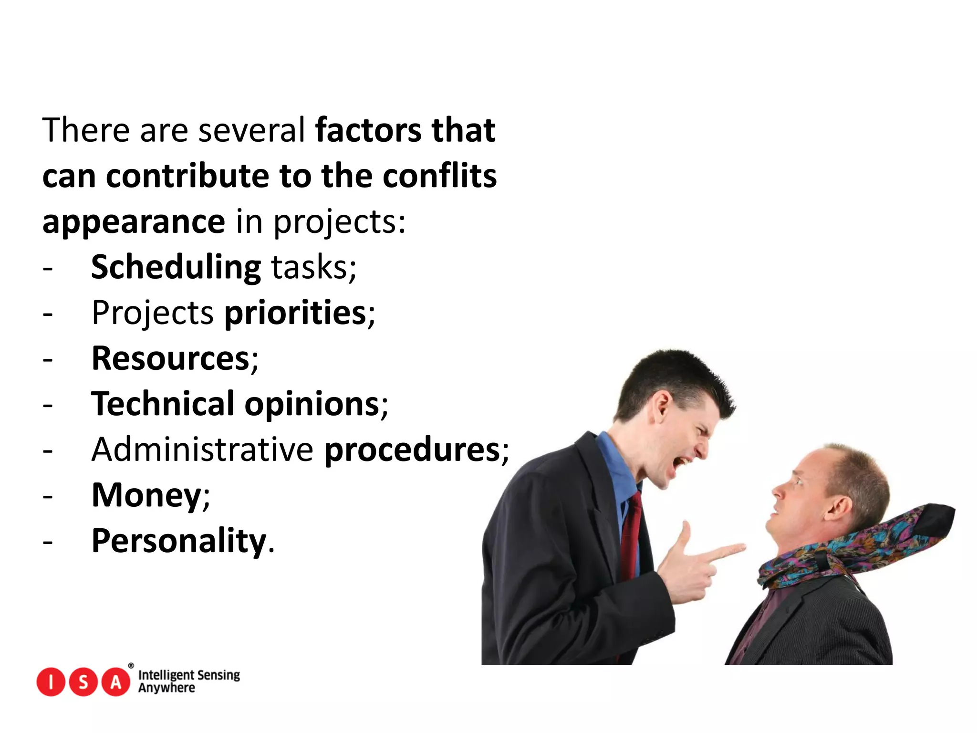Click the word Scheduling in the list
[176, 267]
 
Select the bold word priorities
[295, 313]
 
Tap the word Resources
[171, 358]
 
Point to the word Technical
[162, 404]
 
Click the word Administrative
[202, 450]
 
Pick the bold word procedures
[412, 450]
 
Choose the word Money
[146, 495]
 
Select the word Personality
[179, 541]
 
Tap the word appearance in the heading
[134, 222]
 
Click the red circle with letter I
[51, 682]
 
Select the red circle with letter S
[83, 682]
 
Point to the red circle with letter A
[116, 682]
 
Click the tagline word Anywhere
[166, 688]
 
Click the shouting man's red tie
[631, 534]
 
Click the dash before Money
[47, 497]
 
